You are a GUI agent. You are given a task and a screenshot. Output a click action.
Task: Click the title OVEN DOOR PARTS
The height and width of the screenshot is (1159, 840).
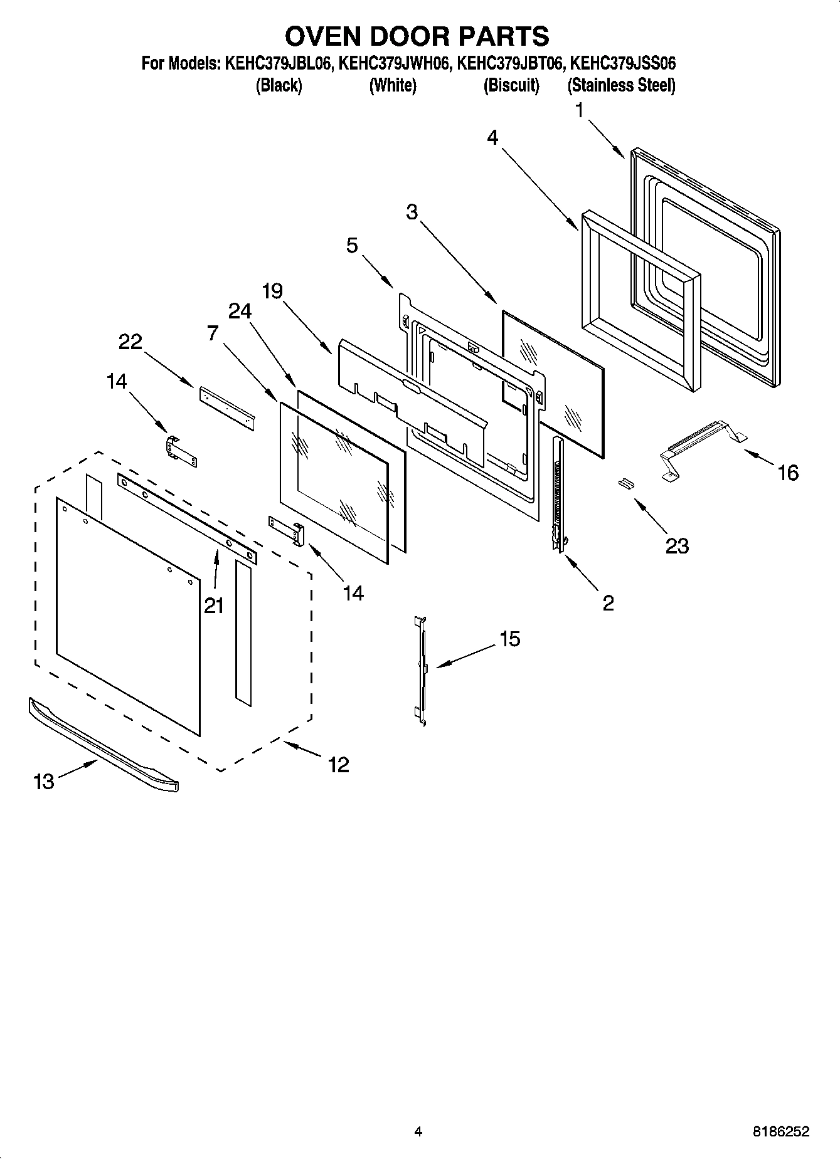coord(417,36)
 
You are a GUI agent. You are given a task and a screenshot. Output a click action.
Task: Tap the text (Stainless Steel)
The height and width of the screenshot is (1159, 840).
coord(621,86)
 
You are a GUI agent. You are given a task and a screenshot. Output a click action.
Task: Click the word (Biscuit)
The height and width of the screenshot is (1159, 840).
coord(511,86)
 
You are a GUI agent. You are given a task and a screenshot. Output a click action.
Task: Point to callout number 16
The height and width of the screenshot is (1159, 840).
coord(788,472)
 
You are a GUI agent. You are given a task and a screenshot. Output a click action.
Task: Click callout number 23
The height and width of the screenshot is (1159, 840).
coord(677,545)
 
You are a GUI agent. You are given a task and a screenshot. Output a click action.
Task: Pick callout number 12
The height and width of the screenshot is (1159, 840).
coord(339,764)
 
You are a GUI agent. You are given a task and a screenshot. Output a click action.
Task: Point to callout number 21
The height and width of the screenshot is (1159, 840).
coord(214,605)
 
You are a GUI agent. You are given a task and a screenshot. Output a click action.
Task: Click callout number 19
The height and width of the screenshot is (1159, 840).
coord(272,291)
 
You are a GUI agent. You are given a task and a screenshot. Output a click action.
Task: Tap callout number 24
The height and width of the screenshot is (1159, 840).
coord(240,311)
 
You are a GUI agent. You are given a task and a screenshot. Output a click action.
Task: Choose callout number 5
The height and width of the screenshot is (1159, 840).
coord(352,245)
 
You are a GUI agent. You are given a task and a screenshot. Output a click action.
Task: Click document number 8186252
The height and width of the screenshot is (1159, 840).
coord(780,1131)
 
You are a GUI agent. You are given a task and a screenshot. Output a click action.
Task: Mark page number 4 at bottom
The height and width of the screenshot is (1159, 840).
coord(418,1131)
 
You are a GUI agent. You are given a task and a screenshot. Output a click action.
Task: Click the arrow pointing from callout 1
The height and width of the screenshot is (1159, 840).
coord(606,139)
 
